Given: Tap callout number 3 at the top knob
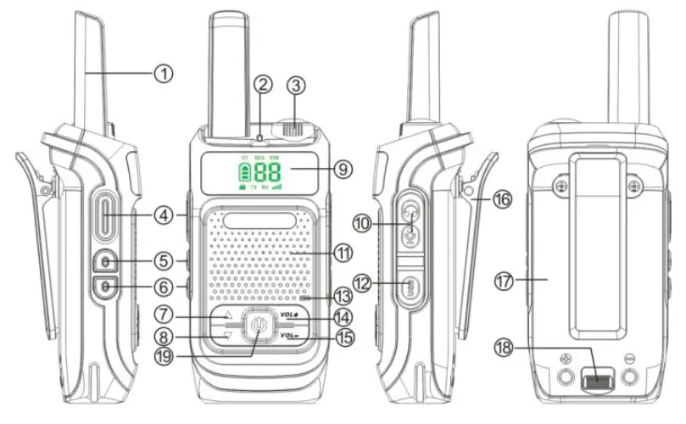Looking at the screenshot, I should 295,85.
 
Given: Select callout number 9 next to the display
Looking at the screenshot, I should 341,170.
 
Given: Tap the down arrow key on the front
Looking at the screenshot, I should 226,336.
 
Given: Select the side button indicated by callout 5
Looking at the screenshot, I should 107,260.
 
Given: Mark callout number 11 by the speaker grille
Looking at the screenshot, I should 342,253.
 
